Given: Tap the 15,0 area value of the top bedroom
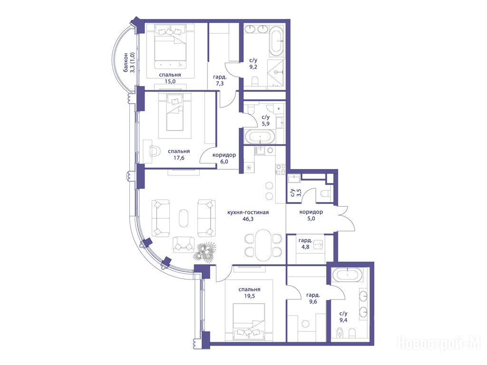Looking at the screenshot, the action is click(x=170, y=81).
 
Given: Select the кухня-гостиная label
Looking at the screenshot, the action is click(x=248, y=212).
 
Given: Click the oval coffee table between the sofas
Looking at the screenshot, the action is click(x=184, y=218).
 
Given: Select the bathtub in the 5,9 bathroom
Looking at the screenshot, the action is click(x=260, y=137).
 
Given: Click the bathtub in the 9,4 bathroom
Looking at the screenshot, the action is click(x=347, y=275).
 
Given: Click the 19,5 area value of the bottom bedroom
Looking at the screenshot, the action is click(x=249, y=296).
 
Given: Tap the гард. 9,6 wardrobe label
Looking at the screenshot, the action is click(x=313, y=298).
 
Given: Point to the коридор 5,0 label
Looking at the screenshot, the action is click(x=311, y=215).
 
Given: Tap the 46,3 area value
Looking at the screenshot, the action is click(x=248, y=219).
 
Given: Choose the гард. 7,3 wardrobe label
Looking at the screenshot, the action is click(x=220, y=80).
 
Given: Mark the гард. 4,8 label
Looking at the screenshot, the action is click(x=305, y=244).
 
